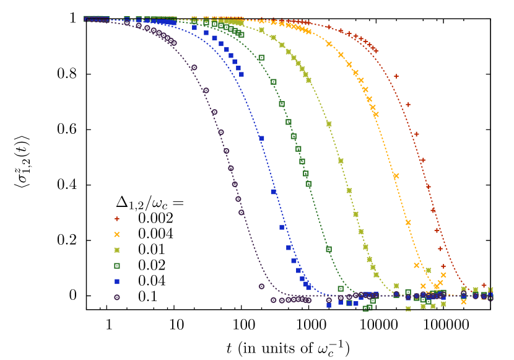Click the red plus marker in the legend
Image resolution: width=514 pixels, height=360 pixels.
(116, 219)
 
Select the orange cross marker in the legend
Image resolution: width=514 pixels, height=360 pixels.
(116, 234)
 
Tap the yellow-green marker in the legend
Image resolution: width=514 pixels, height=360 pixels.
(116, 250)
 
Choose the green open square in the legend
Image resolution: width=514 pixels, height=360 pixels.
(116, 266)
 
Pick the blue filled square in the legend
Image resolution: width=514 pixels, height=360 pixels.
(116, 281)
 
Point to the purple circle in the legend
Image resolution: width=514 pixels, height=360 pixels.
(116, 297)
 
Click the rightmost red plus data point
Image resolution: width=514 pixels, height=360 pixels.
(484, 285)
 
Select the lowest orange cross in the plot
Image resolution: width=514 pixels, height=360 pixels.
(464, 301)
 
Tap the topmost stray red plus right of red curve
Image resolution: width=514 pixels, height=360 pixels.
(396, 76)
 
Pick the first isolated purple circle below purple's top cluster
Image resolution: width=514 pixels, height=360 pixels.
(194, 68)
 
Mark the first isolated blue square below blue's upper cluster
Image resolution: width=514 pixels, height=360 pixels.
(261, 138)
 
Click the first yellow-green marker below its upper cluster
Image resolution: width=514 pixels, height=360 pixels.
(329, 124)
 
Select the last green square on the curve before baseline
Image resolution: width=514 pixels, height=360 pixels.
(328, 249)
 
